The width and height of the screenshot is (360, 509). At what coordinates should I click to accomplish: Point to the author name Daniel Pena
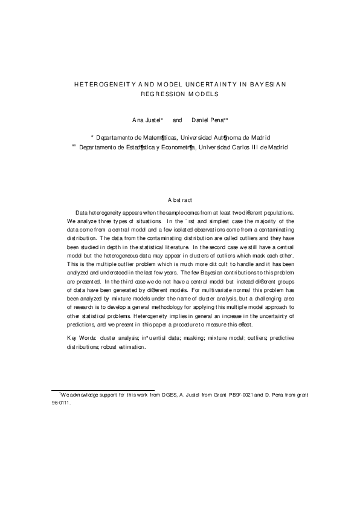pos(207,121)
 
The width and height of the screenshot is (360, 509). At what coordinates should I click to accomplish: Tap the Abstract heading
pos(180,199)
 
